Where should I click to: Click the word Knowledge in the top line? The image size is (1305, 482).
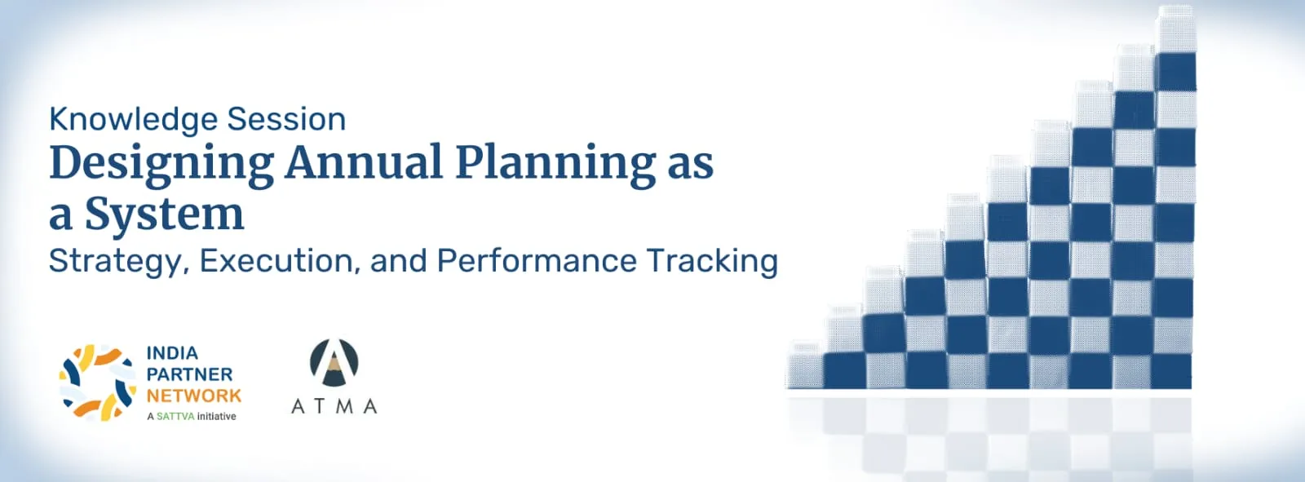tap(134, 120)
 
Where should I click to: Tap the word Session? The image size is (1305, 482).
tap(286, 119)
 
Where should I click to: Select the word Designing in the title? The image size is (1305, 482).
tap(162, 165)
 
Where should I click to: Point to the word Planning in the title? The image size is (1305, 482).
tap(555, 165)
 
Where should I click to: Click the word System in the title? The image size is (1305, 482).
tap(164, 215)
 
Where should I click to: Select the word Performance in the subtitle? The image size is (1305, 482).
tap(537, 260)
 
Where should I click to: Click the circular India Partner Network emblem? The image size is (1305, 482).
tap(97, 383)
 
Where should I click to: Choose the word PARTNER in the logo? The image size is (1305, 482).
tap(189, 374)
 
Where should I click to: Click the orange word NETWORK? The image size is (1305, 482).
tap(194, 396)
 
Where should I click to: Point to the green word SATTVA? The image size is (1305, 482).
tap(175, 416)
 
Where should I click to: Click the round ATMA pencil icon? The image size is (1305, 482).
tap(334, 362)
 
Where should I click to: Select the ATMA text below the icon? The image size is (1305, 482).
tap(334, 405)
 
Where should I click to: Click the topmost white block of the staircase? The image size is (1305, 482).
tap(1177, 29)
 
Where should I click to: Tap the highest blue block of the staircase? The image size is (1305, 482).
tap(1176, 72)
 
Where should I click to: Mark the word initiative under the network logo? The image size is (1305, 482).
tap(217, 416)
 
